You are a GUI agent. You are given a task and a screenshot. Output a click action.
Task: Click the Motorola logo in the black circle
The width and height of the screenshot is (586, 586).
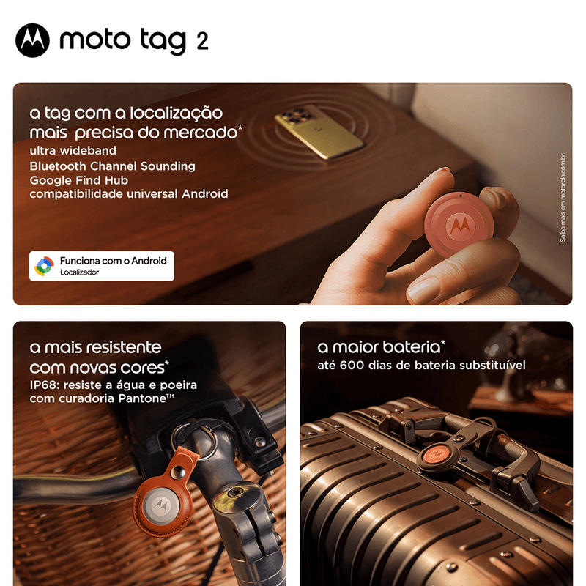(32, 40)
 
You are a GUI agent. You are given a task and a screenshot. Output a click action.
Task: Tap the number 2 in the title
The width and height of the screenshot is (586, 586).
(202, 42)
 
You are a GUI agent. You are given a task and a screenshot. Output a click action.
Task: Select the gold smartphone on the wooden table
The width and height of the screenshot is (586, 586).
(319, 131)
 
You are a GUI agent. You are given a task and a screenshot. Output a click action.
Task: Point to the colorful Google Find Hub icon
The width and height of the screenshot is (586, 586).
(45, 266)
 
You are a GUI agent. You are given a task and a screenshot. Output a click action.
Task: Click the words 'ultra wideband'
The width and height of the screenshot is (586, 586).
(73, 150)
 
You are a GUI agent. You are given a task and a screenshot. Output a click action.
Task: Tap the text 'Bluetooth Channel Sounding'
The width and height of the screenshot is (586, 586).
(113, 166)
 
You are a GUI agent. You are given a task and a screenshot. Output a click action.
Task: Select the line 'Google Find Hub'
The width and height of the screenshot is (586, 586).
(79, 180)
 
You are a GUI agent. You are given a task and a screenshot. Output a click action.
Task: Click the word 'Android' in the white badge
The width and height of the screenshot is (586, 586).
(149, 261)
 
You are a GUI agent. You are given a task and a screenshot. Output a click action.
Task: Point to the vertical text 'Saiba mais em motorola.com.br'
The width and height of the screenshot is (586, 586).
(563, 198)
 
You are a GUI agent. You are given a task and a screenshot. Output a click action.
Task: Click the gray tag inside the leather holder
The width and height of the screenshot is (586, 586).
(161, 506)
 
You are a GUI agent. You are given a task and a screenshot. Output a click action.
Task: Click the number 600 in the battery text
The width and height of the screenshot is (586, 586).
(352, 365)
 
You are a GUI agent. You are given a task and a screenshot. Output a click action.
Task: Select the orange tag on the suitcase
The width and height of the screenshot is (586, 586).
(436, 455)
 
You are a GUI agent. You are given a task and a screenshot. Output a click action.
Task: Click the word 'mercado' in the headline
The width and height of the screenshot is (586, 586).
(201, 133)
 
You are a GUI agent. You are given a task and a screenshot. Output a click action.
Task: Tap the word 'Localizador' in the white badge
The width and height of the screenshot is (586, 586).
(80, 272)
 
